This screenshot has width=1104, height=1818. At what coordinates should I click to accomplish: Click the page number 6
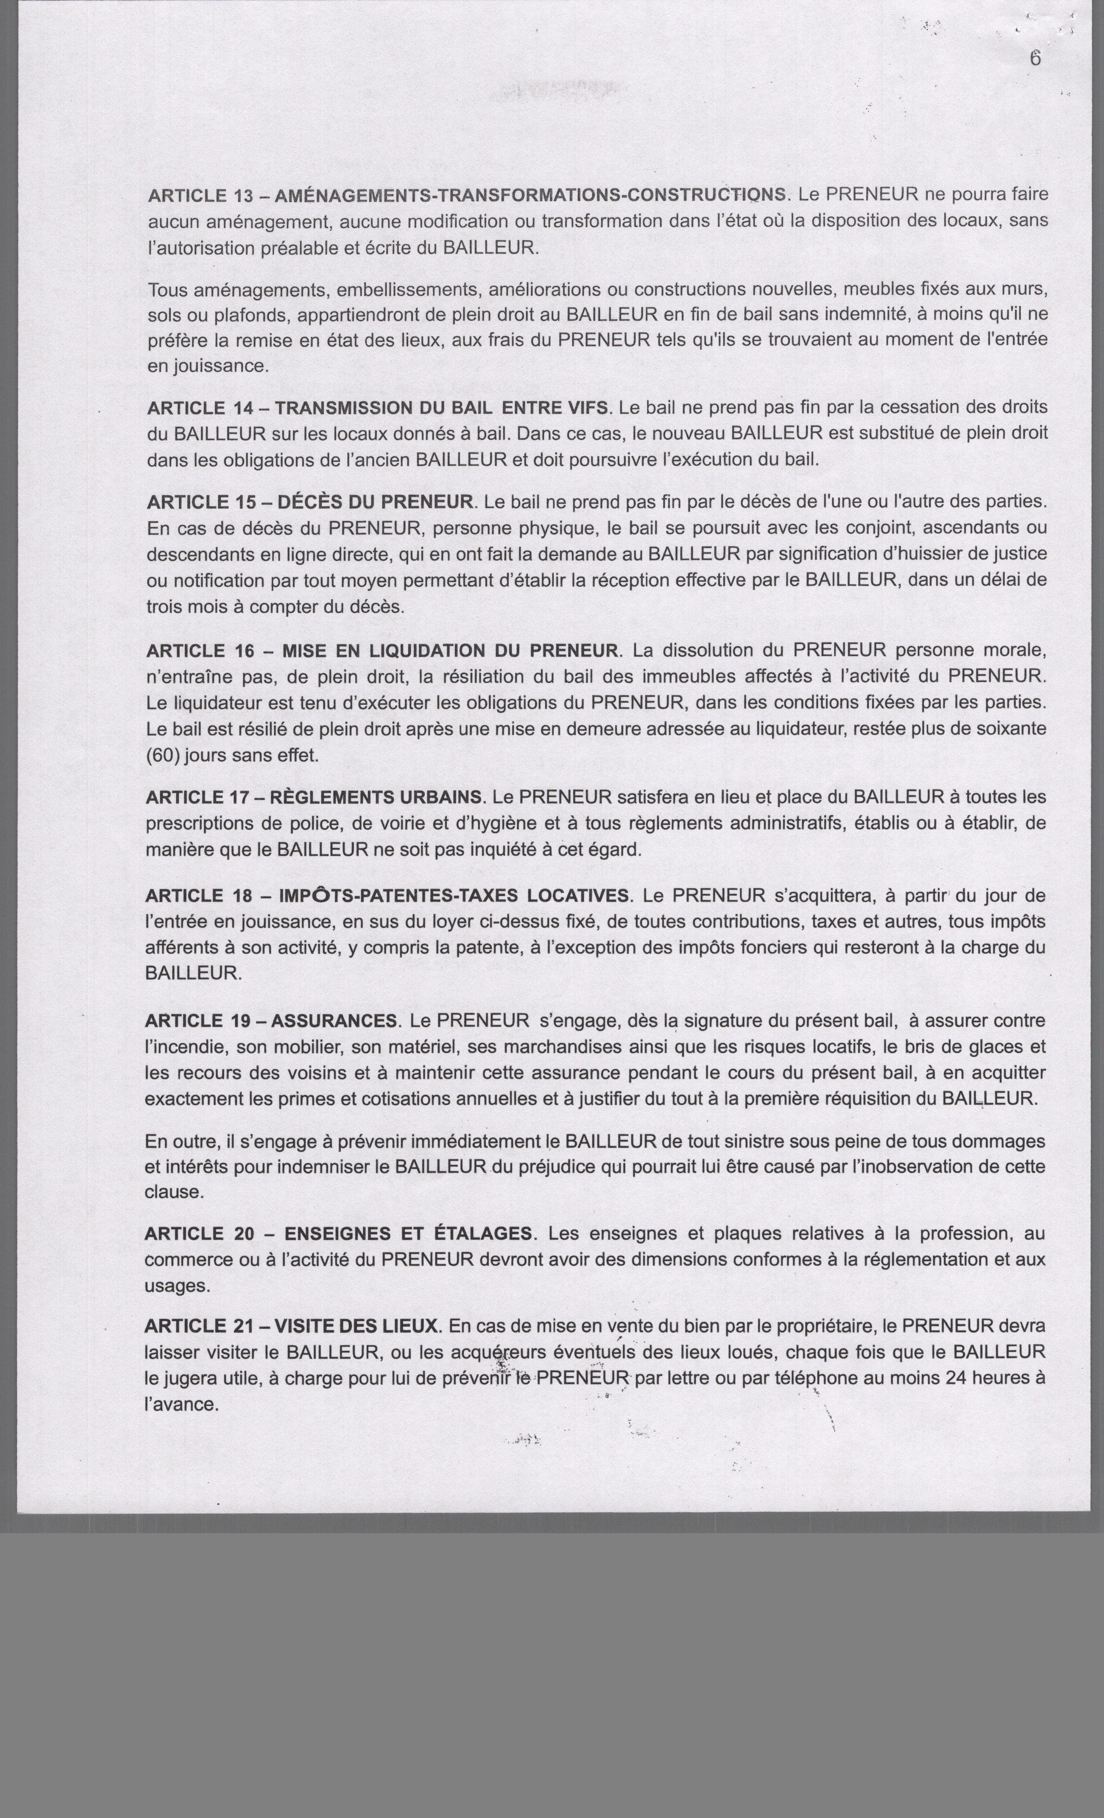[1035, 58]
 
